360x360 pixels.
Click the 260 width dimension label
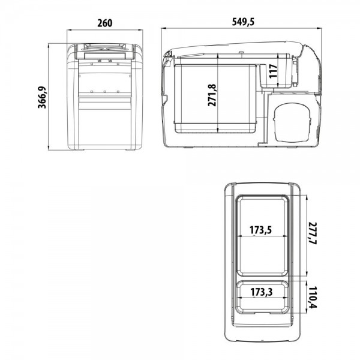tap(105, 23)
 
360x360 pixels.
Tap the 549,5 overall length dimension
tap(243, 22)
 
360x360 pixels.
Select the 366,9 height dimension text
tap(42, 98)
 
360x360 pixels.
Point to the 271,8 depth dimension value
tap(212, 95)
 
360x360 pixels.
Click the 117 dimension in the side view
tap(273, 71)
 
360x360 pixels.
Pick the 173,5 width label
tap(260, 230)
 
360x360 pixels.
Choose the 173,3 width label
tap(261, 292)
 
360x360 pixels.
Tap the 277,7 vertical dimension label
tap(313, 233)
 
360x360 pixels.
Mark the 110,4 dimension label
tap(313, 298)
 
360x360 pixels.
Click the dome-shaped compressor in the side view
tap(292, 122)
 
